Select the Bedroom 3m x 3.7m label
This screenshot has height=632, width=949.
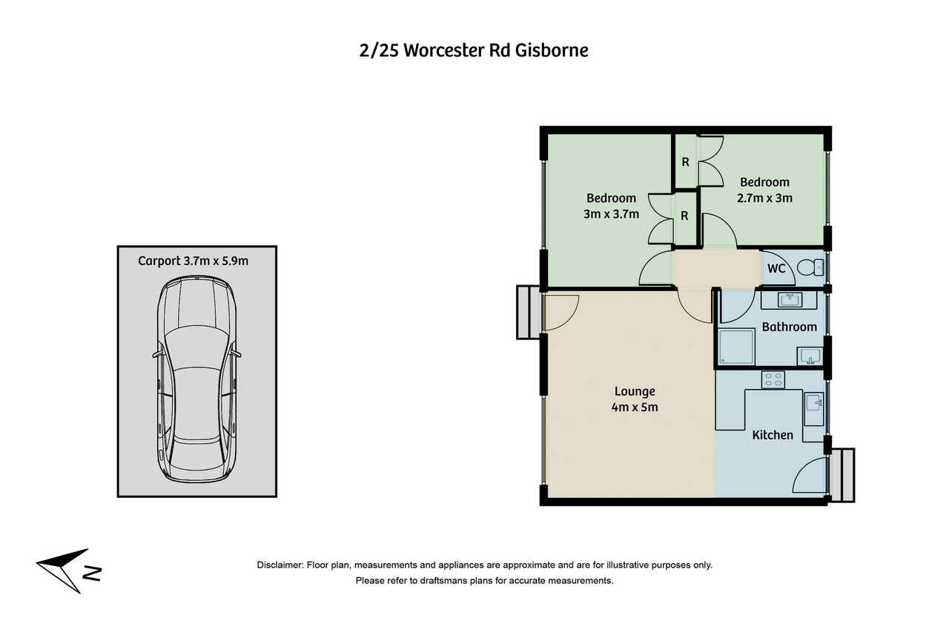[x=611, y=206]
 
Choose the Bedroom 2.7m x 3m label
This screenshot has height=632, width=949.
[x=764, y=190]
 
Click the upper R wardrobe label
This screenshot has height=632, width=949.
[x=686, y=162]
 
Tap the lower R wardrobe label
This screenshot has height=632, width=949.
[x=686, y=216]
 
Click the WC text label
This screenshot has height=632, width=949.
[x=776, y=268]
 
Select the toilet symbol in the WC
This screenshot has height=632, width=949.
[x=815, y=267]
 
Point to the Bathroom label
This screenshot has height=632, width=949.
[x=789, y=327]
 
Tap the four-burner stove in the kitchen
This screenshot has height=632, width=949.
[x=773, y=379]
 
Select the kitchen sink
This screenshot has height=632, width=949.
[x=813, y=404]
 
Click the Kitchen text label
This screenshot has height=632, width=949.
[x=773, y=435]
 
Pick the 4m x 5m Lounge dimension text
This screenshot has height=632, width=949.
[x=635, y=407]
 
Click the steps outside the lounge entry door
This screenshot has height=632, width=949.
[x=528, y=312]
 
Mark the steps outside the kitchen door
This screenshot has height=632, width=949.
[x=843, y=474]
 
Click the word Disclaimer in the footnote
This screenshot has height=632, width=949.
[x=280, y=565]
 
